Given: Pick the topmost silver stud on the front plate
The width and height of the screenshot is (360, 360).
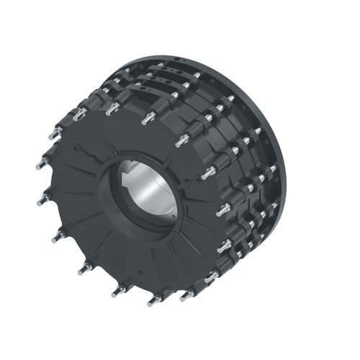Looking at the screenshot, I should pyautogui.click(x=149, y=116).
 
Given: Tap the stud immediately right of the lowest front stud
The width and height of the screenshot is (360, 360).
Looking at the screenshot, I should pyautogui.click(x=188, y=294).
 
